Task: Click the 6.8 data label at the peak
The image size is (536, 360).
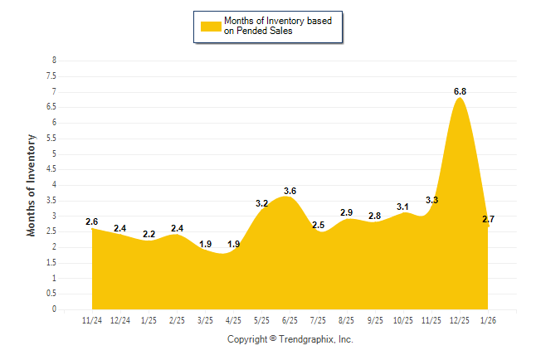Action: (x=460, y=92)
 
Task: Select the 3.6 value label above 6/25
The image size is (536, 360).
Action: (x=290, y=192)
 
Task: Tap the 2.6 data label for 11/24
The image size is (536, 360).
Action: (x=92, y=222)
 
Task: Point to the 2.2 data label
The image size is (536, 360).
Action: (x=149, y=235)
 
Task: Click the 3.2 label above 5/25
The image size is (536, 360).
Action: (x=261, y=203)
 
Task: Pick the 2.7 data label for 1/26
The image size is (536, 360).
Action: (x=488, y=219)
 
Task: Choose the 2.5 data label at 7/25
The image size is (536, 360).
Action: (x=319, y=226)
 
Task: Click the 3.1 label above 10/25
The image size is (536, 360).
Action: (x=403, y=207)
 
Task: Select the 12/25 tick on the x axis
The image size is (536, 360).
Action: (x=460, y=319)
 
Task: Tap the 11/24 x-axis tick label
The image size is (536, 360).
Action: (x=92, y=319)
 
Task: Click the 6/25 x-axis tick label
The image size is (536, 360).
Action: (x=290, y=319)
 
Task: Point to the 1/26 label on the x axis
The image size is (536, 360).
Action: (x=488, y=319)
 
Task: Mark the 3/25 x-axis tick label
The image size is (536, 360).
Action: (x=205, y=319)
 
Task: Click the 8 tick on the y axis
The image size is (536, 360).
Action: (x=54, y=61)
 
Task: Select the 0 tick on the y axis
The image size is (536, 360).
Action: (x=54, y=309)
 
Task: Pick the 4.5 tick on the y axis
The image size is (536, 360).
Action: (x=52, y=169)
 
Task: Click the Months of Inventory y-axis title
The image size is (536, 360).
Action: (x=32, y=185)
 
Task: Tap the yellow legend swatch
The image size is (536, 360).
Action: (x=211, y=27)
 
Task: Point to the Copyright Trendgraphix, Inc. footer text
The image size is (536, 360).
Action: (x=290, y=339)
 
